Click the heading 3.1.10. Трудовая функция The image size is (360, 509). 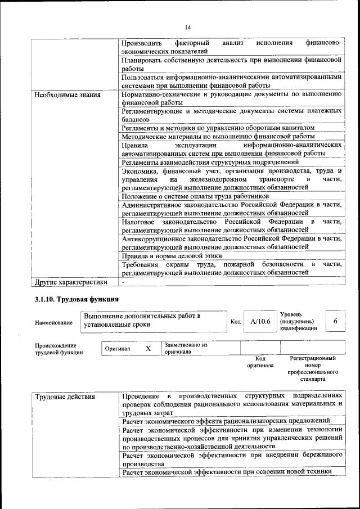point(76,299)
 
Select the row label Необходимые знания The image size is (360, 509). point(67,94)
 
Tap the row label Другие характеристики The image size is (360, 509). point(70,282)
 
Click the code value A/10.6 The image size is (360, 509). point(260,321)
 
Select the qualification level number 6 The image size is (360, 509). point(335,321)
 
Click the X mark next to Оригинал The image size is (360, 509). point(148,348)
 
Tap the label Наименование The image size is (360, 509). point(53,322)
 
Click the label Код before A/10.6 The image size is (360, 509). point(235,321)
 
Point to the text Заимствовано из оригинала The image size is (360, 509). point(186,348)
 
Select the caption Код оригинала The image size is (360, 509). point(260,361)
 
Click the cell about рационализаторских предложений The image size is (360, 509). point(226,420)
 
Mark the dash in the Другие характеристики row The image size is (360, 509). point(123,282)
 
